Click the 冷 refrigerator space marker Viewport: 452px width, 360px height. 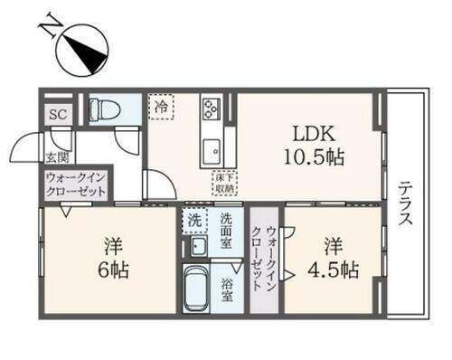pyautogui.click(x=161, y=107)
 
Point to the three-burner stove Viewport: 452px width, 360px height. pyautogui.click(x=211, y=109)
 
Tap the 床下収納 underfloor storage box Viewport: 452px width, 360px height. pyautogui.click(x=225, y=180)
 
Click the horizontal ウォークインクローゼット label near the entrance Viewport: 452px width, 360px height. pyautogui.click(x=76, y=185)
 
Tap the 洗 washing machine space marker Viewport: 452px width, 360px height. pyautogui.click(x=194, y=219)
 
